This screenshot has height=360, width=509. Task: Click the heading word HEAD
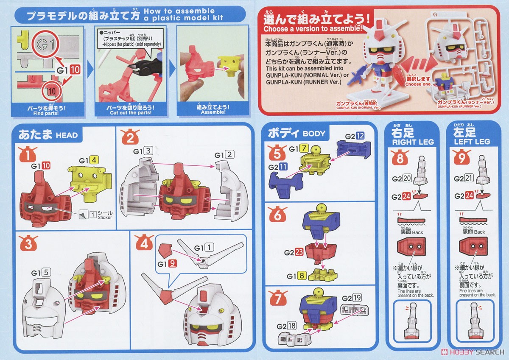point(67,136)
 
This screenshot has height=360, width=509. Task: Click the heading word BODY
point(314,134)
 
